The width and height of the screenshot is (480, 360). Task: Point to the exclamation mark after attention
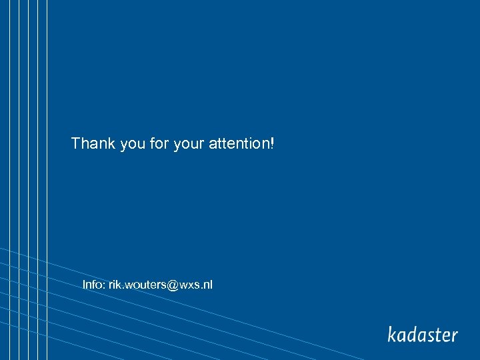pos(272,143)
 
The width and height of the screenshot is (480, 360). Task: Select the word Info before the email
pos(93,285)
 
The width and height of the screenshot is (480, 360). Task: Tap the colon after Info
pos(104,285)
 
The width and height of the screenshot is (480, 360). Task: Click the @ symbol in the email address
pos(170,285)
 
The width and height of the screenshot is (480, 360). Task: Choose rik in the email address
pos(115,285)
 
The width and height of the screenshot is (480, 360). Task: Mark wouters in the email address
pos(143,285)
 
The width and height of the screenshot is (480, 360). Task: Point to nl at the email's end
pos(208,285)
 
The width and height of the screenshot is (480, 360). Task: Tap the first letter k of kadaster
pos(392,333)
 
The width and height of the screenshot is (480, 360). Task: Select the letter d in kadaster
pos(413,333)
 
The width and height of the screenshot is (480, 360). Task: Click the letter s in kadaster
pos(433,335)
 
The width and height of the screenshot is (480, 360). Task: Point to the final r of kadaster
pos(455,335)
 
